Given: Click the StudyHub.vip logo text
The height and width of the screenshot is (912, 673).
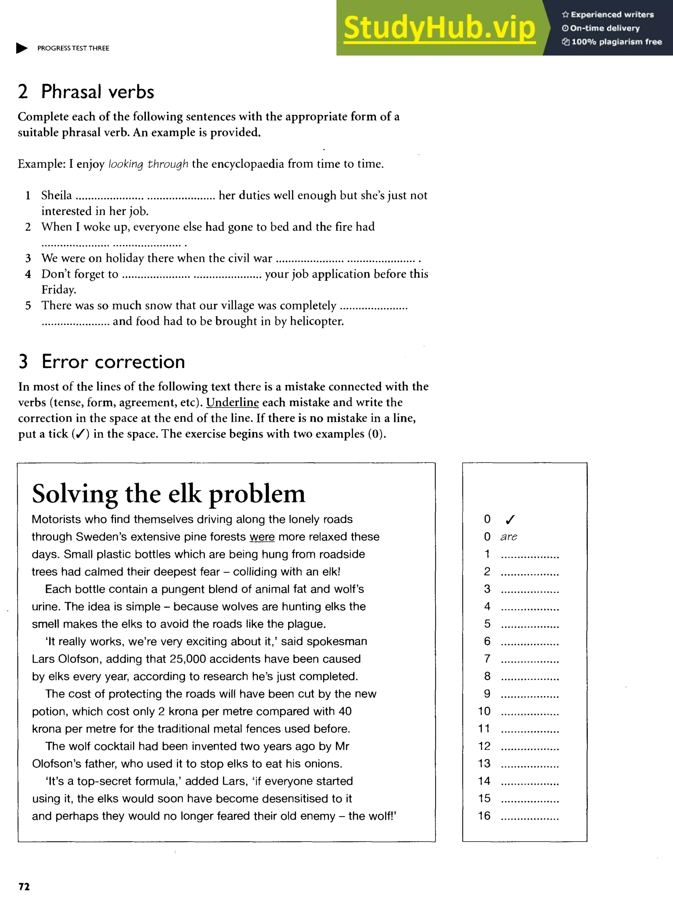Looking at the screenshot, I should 439,28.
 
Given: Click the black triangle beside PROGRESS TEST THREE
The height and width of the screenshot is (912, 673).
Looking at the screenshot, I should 22,48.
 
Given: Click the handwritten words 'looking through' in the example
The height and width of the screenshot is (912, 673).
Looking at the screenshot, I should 148,164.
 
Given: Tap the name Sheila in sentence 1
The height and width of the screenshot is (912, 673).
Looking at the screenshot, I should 57,195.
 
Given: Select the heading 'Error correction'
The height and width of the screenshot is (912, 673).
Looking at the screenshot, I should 113,362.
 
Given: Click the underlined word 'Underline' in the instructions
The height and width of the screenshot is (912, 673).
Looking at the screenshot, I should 232,402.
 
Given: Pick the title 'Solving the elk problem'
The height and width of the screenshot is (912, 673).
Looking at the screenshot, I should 168,494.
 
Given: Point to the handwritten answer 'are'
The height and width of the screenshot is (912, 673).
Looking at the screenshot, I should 508,537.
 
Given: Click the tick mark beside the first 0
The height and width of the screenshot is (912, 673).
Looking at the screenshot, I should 510,519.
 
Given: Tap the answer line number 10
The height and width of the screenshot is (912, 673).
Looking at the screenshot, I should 484,711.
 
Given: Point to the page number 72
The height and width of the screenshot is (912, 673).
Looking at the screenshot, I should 24,887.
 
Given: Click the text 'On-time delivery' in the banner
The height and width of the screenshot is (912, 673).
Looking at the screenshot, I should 605,28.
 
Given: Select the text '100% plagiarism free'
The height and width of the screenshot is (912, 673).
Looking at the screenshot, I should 616,41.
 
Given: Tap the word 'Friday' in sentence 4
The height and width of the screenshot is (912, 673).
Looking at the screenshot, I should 58,290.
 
